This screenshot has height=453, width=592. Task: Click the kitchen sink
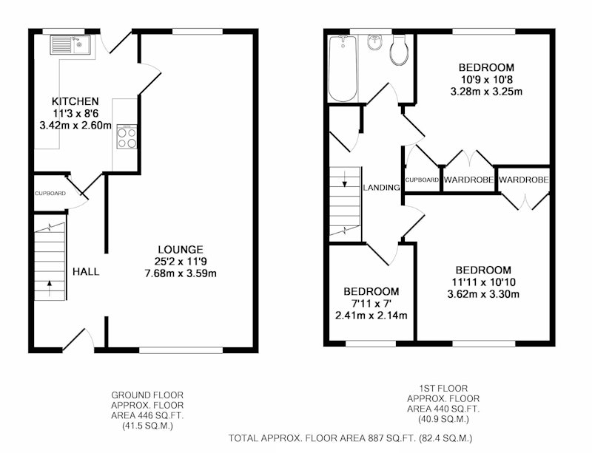70,45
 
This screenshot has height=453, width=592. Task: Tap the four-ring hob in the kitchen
127,137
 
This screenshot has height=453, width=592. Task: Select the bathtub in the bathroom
343,69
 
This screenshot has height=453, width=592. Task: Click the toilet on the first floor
399,50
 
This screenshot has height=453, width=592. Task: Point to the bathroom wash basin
374,42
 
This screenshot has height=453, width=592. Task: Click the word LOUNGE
181,249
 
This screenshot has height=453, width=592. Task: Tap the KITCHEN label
75,101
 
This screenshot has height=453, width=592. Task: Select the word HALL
86,271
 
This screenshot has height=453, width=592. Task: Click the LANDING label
381,187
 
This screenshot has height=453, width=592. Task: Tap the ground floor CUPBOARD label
50,194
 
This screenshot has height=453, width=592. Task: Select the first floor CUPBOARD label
422,180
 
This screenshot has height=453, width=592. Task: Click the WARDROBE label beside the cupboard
468,180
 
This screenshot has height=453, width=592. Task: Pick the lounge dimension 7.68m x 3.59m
181,273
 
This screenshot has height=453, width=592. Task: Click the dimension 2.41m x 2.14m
371,316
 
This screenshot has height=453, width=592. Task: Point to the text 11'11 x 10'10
484,282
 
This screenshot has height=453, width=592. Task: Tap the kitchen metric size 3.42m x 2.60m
75,125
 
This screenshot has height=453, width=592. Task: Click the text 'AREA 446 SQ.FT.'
147,416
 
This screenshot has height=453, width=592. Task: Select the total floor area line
350,438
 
